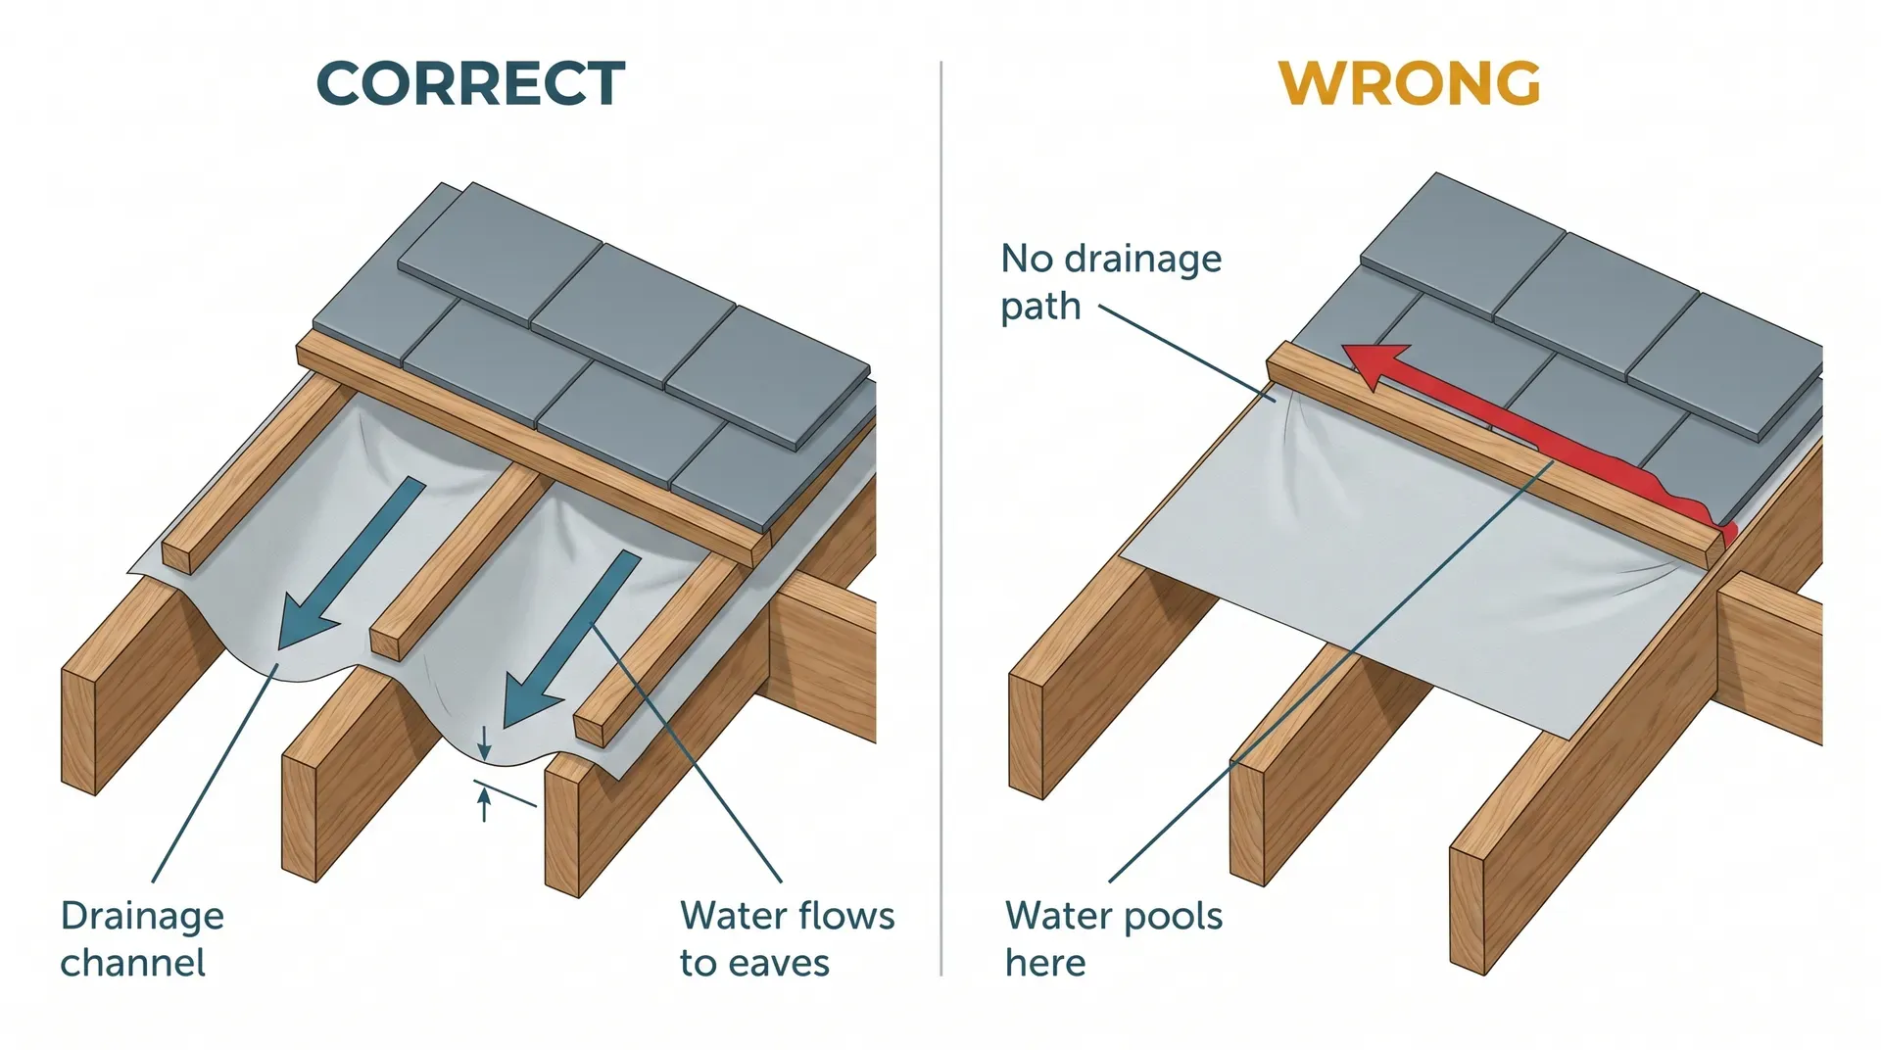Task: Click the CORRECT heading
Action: pos(470,84)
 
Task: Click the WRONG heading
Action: pos(1409,84)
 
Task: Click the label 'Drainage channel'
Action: pos(141,938)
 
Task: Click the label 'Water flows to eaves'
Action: pos(786,938)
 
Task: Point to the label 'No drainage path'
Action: pos(1109,282)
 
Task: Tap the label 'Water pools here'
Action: pos(1113,938)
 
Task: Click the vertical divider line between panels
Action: pos(940,519)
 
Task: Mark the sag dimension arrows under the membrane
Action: pos(484,774)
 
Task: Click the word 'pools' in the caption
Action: pos(1172,917)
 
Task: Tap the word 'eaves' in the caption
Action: pos(781,964)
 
